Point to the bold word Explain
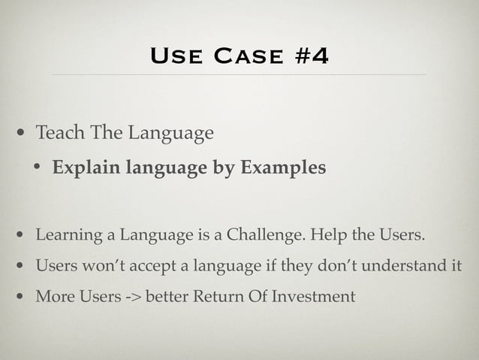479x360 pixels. click(x=83, y=167)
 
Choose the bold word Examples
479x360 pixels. click(x=282, y=167)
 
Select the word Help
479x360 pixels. click(x=327, y=238)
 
